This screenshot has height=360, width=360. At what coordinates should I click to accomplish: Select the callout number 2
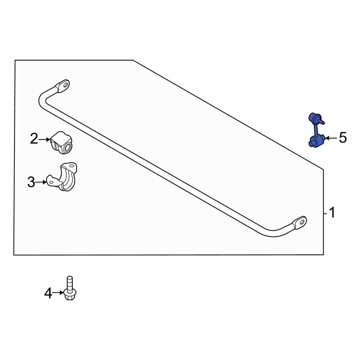[34, 139]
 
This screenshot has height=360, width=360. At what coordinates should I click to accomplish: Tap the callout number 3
[31, 183]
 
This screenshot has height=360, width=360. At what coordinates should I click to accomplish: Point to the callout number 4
[48, 294]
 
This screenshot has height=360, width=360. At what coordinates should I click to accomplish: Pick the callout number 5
[342, 138]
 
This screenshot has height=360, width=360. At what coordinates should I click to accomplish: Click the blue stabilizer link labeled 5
[316, 130]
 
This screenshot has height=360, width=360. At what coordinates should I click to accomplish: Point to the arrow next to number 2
[45, 139]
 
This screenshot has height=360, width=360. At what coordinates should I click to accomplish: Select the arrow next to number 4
[58, 294]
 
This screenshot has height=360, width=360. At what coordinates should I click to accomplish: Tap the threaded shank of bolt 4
[69, 282]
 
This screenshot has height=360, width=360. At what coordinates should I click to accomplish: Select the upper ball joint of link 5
[314, 118]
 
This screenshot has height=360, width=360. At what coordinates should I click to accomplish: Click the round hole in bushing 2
[67, 147]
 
